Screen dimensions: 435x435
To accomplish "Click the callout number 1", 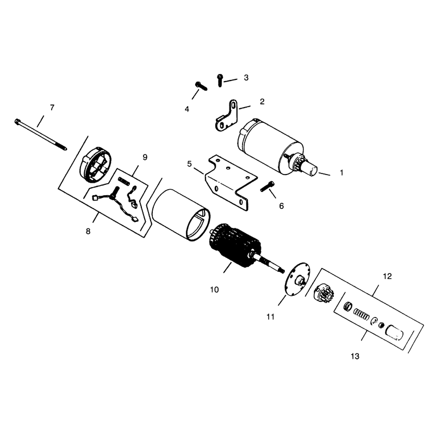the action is point(341,172).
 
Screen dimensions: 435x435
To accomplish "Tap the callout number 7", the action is point(52,107).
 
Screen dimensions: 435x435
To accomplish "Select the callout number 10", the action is point(214,290).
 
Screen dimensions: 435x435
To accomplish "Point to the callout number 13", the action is point(355,356).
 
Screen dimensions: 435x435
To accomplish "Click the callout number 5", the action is point(189,164).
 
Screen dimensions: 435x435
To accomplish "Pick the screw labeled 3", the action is point(220,80).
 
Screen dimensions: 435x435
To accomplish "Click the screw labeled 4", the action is point(201,86).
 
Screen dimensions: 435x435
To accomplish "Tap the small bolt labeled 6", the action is point(268,186).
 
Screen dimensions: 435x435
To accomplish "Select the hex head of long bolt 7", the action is point(17,121).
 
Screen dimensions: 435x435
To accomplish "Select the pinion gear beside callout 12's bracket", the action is point(324,294).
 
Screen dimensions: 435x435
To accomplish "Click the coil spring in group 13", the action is point(361,314).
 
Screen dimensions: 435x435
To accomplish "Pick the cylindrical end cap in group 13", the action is point(395,332).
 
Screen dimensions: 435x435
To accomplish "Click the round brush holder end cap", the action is point(95,165).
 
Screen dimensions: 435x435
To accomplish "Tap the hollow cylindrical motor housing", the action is point(181,215).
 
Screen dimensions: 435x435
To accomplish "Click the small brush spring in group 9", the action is point(124,182).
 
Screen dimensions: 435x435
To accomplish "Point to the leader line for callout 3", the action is point(230,80).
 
